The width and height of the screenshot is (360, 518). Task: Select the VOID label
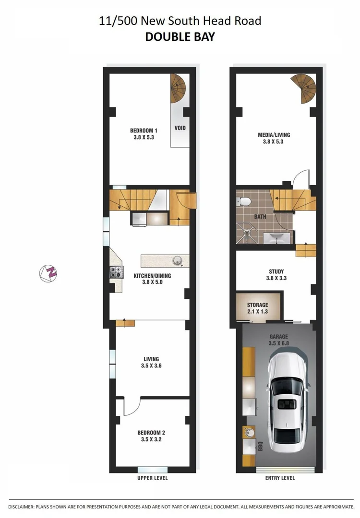click(180, 128)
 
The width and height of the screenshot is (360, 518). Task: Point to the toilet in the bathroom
click(244, 201)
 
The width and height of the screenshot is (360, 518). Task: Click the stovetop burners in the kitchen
click(116, 272)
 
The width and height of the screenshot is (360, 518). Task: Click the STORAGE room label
click(257, 305)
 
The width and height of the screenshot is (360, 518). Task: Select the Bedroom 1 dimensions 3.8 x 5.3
click(144, 137)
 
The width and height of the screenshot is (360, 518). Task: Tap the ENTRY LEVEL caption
click(280, 478)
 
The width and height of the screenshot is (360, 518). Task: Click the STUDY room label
click(276, 271)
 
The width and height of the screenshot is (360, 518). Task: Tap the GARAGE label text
click(278, 330)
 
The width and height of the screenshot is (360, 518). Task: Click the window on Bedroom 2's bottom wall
click(152, 470)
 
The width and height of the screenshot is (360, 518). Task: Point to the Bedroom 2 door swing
click(131, 407)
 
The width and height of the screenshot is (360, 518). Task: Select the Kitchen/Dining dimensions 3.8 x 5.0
click(152, 283)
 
